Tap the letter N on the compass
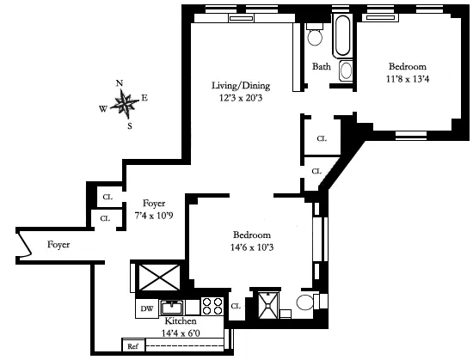[x=120, y=83]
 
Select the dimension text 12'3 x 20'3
[x=239, y=98]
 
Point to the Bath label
[x=322, y=66]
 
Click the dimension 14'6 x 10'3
[x=253, y=247]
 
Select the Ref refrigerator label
[x=132, y=347]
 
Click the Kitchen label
[x=181, y=320]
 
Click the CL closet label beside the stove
[x=236, y=306]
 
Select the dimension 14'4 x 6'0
[x=181, y=332]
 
